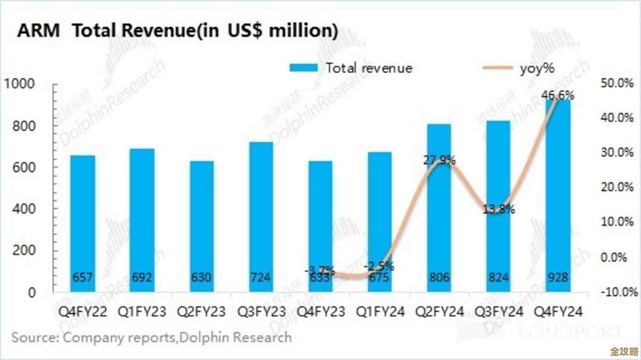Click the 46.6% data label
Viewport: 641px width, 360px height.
pyautogui.click(x=558, y=96)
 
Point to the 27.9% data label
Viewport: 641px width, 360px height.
pyautogui.click(x=438, y=161)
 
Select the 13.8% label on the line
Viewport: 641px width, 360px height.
pyautogui.click(x=498, y=210)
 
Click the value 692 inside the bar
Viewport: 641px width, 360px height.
pyautogui.click(x=142, y=278)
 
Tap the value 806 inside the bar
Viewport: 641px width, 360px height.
pyautogui.click(x=439, y=278)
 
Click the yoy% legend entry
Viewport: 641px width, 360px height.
pyautogui.click(x=520, y=68)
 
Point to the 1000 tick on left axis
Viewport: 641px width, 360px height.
pyautogui.click(x=19, y=84)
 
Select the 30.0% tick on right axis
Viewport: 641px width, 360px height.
pyautogui.click(x=616, y=153)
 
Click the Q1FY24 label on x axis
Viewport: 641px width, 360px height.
pyautogui.click(x=379, y=312)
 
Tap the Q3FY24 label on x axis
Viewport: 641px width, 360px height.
pyautogui.click(x=498, y=312)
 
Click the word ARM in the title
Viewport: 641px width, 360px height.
pyautogui.click(x=38, y=31)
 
